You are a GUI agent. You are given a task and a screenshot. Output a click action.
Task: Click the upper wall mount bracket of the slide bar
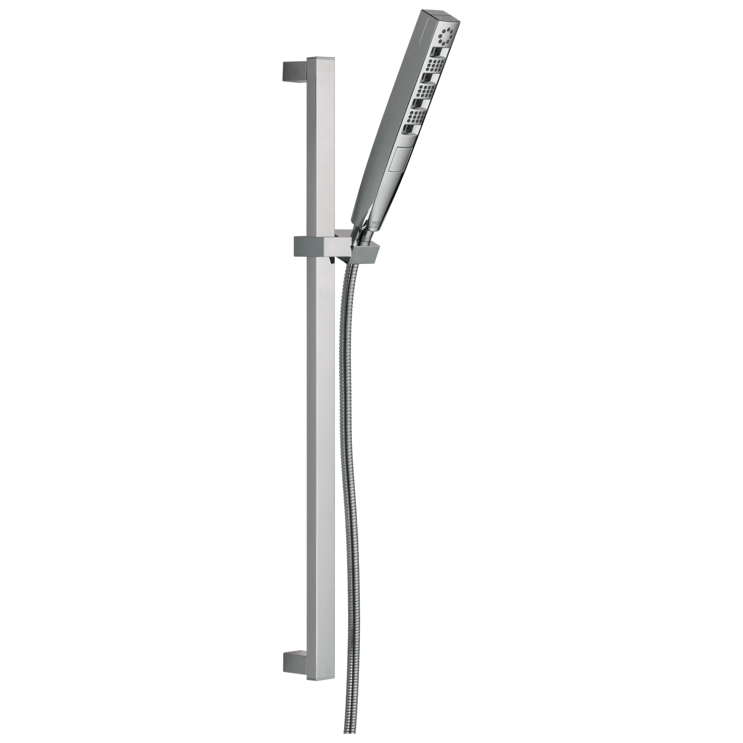pyautogui.click(x=292, y=71)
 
